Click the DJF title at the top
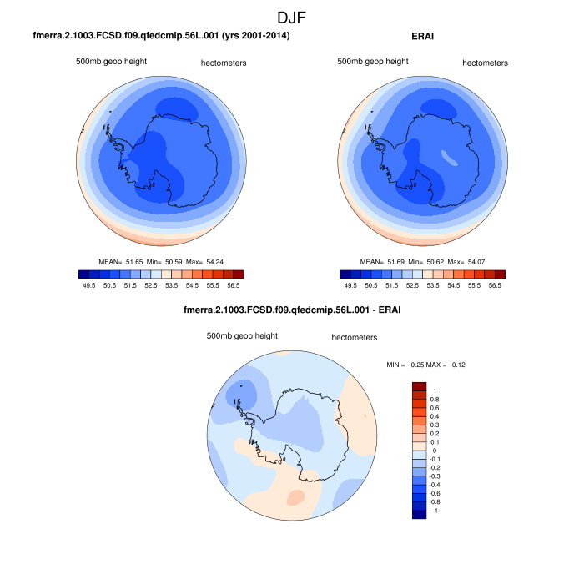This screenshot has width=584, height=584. (292, 17)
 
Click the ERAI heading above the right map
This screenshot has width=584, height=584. (424, 36)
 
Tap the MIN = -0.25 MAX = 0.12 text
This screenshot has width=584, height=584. (425, 365)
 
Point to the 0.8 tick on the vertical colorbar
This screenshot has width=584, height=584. (434, 399)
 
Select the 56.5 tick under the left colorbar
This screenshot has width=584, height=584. (234, 284)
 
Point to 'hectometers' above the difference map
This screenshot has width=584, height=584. (354, 338)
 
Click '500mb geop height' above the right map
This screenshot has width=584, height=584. (373, 62)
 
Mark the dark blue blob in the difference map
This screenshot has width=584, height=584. (244, 388)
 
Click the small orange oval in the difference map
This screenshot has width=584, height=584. (295, 498)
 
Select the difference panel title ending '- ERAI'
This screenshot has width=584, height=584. (292, 312)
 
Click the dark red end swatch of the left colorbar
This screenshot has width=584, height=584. (238, 274)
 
